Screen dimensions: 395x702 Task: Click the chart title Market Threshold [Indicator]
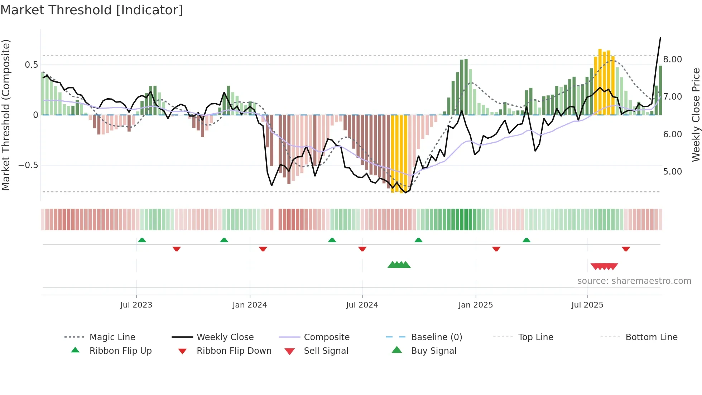92,10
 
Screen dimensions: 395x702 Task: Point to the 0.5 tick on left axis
31,65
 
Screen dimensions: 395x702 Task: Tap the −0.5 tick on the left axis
28,165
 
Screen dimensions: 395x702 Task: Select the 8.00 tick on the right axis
672,60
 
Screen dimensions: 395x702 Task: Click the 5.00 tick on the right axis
672,172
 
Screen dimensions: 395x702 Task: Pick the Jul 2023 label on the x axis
136,305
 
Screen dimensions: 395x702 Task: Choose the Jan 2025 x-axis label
475,305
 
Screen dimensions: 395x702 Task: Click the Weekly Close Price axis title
696,115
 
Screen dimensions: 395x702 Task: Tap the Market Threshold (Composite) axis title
6,115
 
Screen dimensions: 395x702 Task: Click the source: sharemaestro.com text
634,281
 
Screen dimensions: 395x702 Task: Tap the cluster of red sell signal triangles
604,266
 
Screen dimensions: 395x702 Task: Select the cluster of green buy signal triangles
399,265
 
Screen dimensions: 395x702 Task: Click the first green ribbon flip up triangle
142,240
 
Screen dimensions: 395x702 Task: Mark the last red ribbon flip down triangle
626,249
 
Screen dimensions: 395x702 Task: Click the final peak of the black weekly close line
660,38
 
